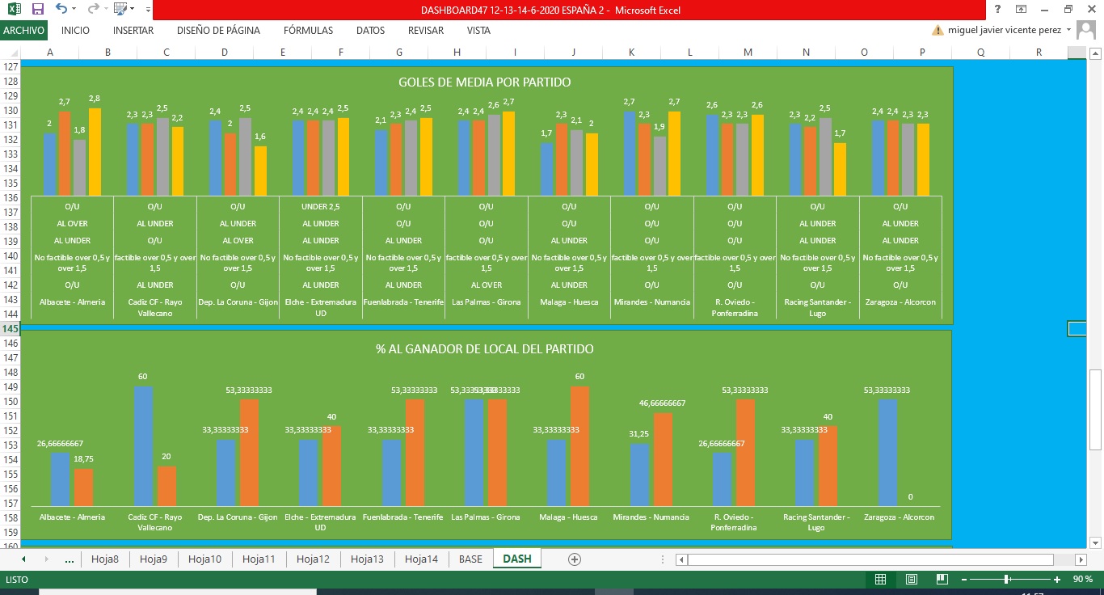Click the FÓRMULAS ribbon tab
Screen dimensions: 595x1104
tap(308, 31)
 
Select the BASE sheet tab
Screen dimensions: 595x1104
tap(470, 559)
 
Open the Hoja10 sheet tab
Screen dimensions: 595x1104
tap(204, 559)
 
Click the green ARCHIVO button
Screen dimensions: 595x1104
tap(23, 31)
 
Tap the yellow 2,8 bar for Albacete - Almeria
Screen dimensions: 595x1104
tap(95, 152)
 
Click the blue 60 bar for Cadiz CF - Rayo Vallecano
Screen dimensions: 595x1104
tap(143, 446)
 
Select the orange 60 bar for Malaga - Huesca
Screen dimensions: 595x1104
tap(579, 446)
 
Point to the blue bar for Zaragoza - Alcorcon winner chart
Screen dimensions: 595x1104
tap(887, 453)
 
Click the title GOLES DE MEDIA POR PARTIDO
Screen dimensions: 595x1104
tap(485, 82)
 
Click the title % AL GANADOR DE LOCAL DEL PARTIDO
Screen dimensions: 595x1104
tap(485, 349)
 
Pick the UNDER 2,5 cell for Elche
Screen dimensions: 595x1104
tap(321, 207)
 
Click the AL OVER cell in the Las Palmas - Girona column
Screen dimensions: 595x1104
tap(487, 285)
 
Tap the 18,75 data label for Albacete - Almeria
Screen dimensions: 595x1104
tap(84, 459)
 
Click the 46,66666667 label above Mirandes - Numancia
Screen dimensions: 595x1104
tap(663, 403)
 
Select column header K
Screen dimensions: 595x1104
tap(631, 53)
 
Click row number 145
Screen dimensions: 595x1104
tap(11, 328)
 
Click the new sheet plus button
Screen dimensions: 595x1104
tap(575, 559)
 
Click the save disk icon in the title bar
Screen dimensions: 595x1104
tap(37, 9)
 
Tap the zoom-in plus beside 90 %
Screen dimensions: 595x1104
tap(1057, 579)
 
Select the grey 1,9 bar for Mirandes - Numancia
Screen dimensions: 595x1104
tap(660, 167)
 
